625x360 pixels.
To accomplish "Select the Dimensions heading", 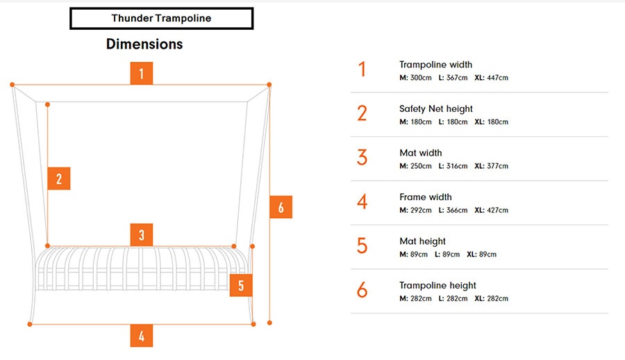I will (x=144, y=44).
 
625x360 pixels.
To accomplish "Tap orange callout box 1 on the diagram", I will (x=142, y=74).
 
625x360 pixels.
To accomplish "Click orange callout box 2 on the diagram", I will (x=59, y=179).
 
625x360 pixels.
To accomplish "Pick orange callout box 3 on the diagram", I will (x=142, y=235).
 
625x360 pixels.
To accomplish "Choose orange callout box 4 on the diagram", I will (x=142, y=336).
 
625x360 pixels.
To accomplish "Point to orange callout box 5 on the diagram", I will (x=240, y=285).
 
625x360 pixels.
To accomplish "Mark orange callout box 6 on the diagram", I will (x=281, y=207).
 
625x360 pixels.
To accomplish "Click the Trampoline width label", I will (x=435, y=65).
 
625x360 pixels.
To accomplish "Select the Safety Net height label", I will (x=436, y=108).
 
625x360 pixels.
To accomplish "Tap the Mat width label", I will (x=421, y=153).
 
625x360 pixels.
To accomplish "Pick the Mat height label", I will (x=422, y=241).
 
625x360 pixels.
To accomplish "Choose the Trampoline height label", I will (x=437, y=285).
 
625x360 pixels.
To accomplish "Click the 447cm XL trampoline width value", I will (x=497, y=78).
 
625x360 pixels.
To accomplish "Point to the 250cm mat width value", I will (x=421, y=166).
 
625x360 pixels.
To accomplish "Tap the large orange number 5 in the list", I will (x=362, y=246).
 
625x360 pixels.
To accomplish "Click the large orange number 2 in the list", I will (x=362, y=113).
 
